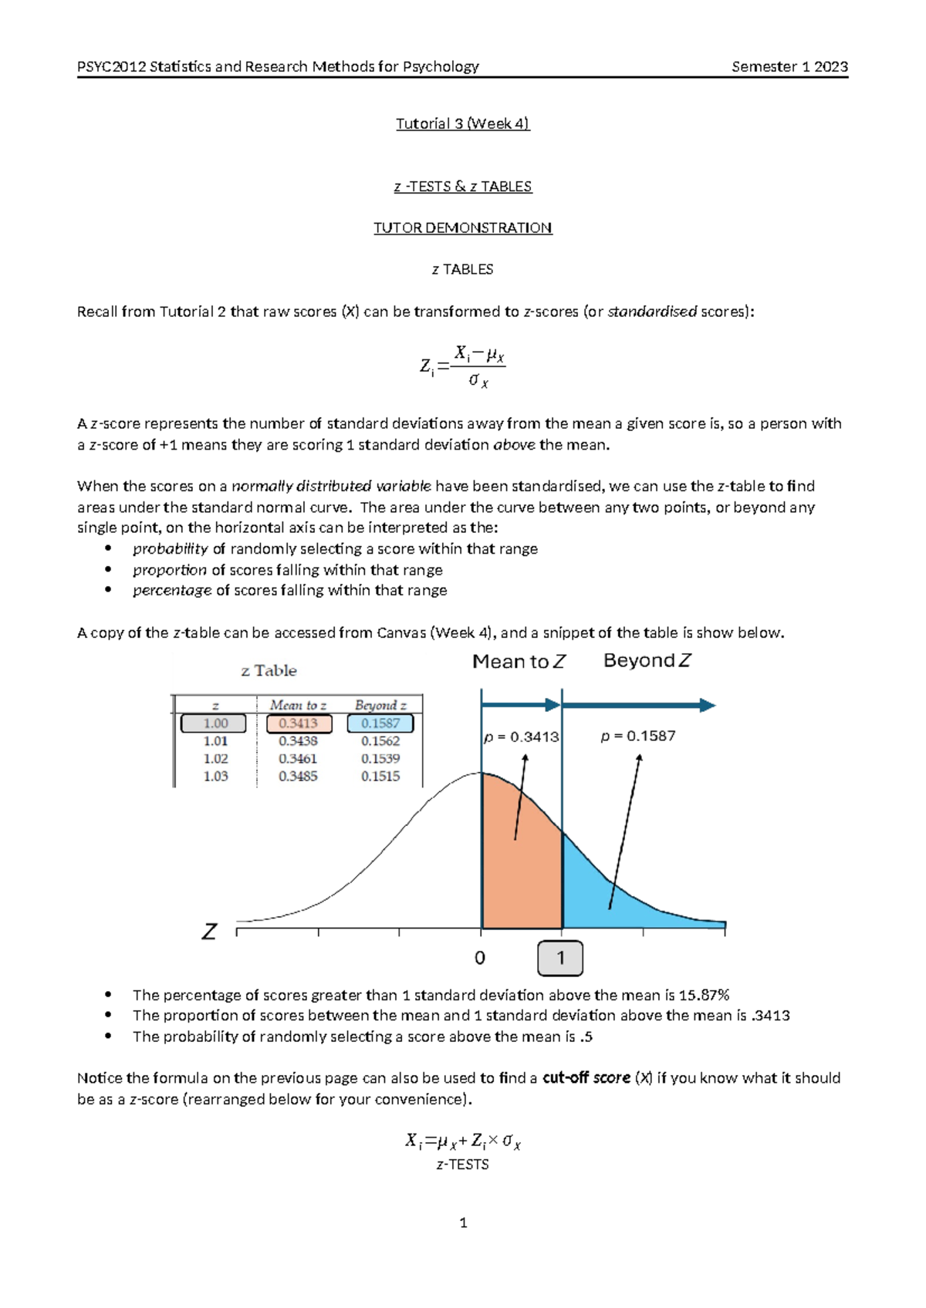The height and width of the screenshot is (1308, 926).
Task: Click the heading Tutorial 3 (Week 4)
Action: pyautogui.click(x=462, y=123)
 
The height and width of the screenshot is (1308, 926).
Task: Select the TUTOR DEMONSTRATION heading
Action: pyautogui.click(x=462, y=228)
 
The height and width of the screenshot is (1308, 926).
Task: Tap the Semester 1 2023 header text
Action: pyautogui.click(x=789, y=66)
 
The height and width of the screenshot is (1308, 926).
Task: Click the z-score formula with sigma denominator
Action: pyautogui.click(x=463, y=366)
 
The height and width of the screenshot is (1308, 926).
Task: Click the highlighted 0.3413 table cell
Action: pyautogui.click(x=299, y=723)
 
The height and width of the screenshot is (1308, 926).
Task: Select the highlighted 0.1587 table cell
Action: pyautogui.click(x=380, y=723)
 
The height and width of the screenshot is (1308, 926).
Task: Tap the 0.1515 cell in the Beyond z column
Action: pyautogui.click(x=380, y=777)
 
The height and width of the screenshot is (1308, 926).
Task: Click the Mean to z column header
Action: pyautogui.click(x=298, y=705)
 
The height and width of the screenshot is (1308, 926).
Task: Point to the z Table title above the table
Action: pyautogui.click(x=269, y=670)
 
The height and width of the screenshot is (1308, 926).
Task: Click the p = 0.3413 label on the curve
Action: pyautogui.click(x=522, y=737)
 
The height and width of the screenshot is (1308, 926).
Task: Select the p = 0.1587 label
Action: pyautogui.click(x=638, y=736)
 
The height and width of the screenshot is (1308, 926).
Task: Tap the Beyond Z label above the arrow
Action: pyautogui.click(x=647, y=660)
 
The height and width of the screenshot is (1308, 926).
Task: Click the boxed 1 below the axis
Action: pyautogui.click(x=560, y=958)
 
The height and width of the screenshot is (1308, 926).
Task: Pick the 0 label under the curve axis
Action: pyautogui.click(x=480, y=958)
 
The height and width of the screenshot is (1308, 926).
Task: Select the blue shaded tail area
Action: pyautogui.click(x=617, y=902)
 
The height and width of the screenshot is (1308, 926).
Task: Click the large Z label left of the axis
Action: pyautogui.click(x=209, y=932)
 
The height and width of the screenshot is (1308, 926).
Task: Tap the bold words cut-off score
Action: pyautogui.click(x=586, y=1077)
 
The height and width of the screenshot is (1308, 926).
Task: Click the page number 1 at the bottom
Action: pyautogui.click(x=463, y=1222)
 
